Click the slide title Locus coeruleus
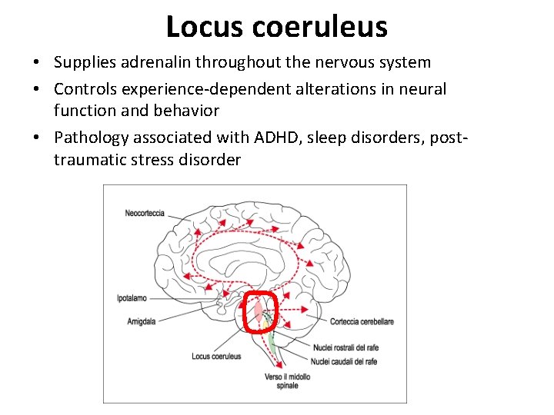(x=276, y=27)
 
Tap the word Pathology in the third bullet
(x=90, y=138)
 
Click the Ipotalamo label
(x=133, y=297)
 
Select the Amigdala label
(x=141, y=321)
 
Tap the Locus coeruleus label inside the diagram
(x=217, y=356)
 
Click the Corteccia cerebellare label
(x=362, y=321)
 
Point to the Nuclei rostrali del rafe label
(x=345, y=348)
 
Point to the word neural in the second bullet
(x=423, y=89)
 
